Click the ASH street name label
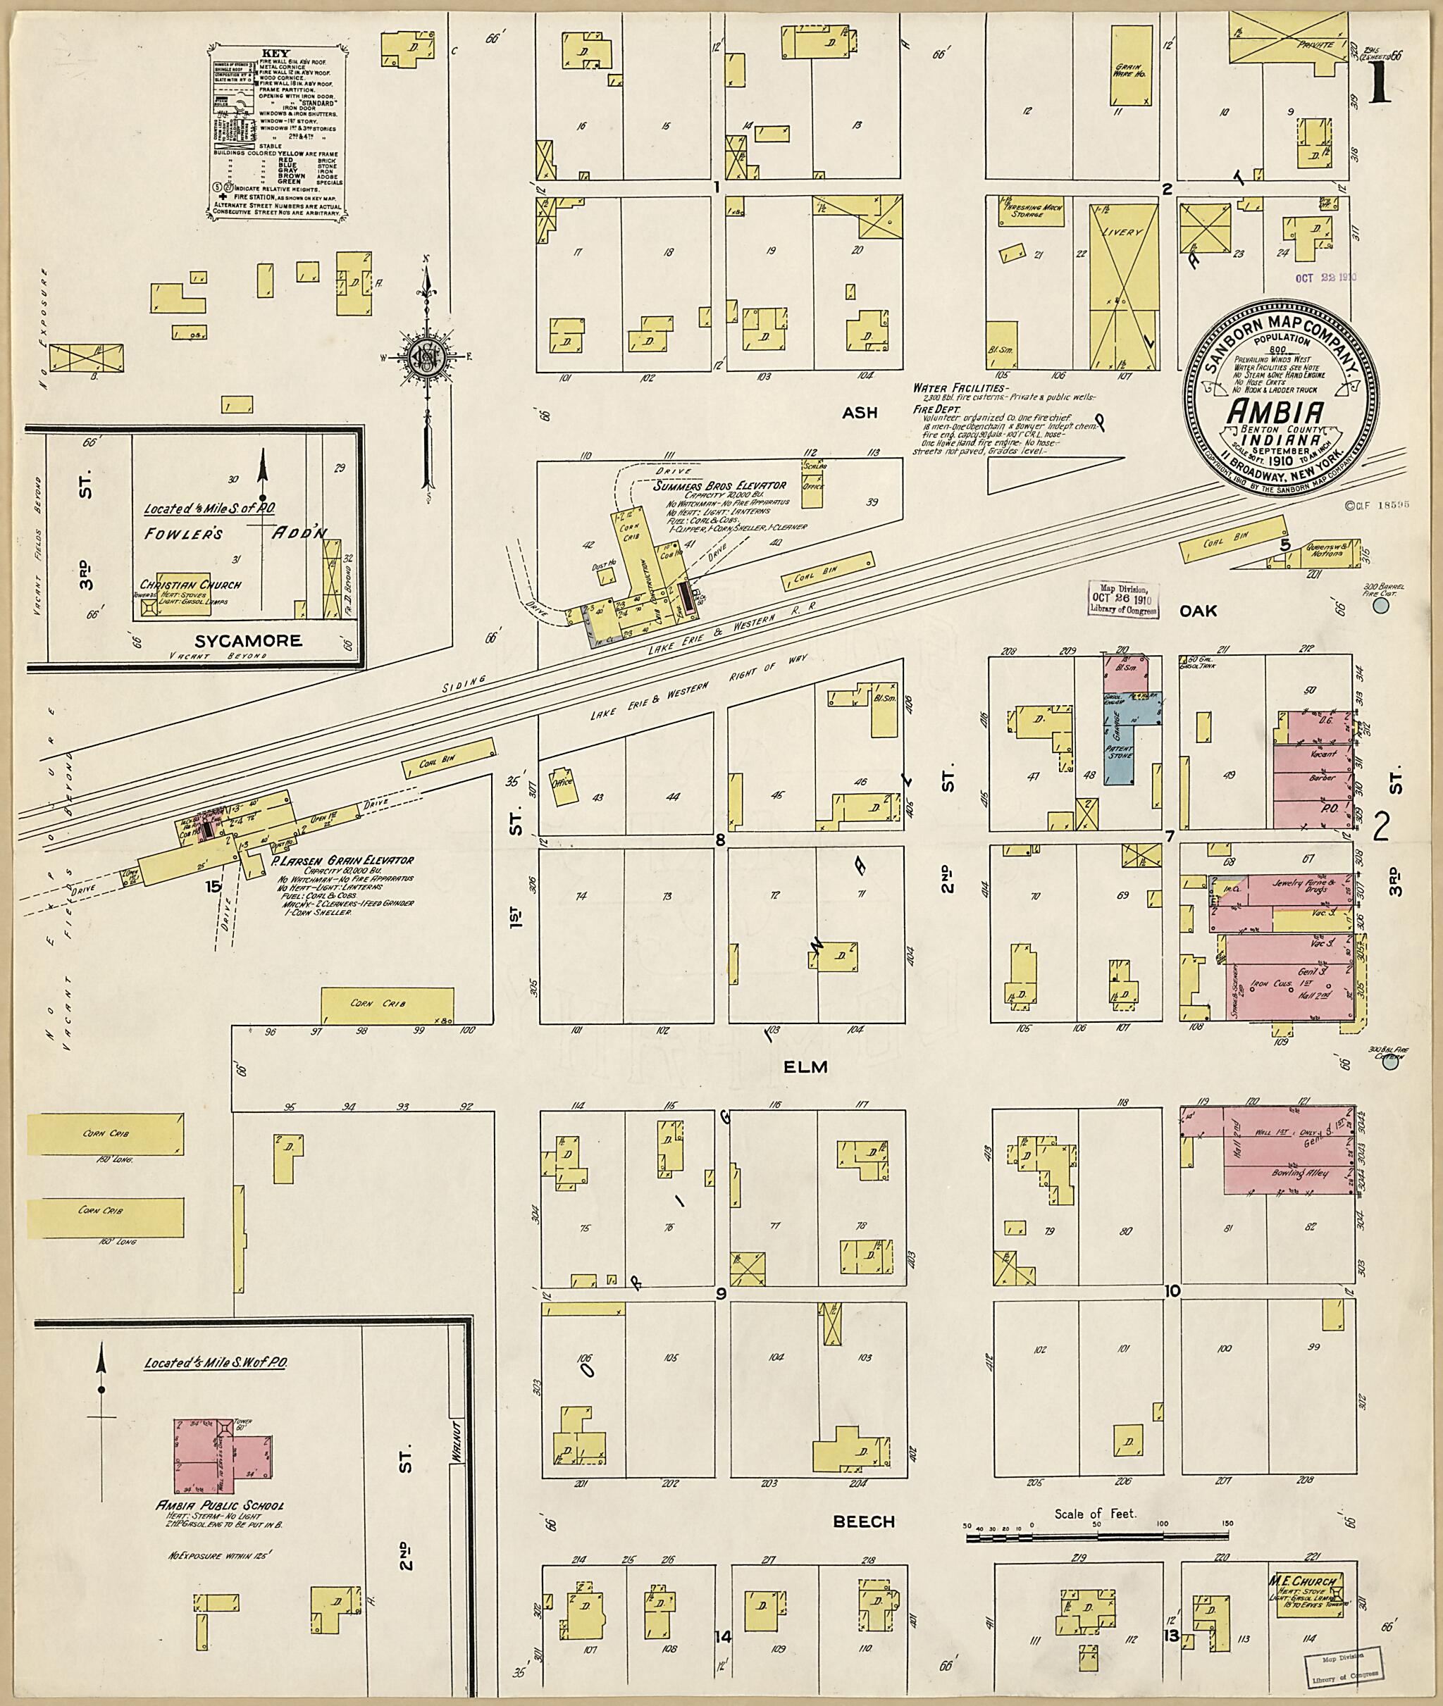pyautogui.click(x=860, y=412)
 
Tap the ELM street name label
pyautogui.click(x=806, y=1066)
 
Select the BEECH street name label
pyautogui.click(x=864, y=1521)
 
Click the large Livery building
pyautogui.click(x=1124, y=286)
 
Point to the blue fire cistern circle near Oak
pyautogui.click(x=1381, y=606)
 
